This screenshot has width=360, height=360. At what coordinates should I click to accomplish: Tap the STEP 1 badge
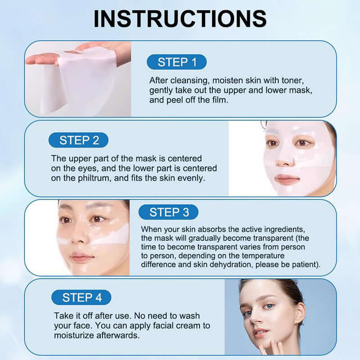[x=177, y=62]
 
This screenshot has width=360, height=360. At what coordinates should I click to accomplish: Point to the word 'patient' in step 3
[x=304, y=265]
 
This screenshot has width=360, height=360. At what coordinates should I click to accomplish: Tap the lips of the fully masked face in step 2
[x=287, y=179]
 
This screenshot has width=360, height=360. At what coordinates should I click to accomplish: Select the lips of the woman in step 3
[x=81, y=257]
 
